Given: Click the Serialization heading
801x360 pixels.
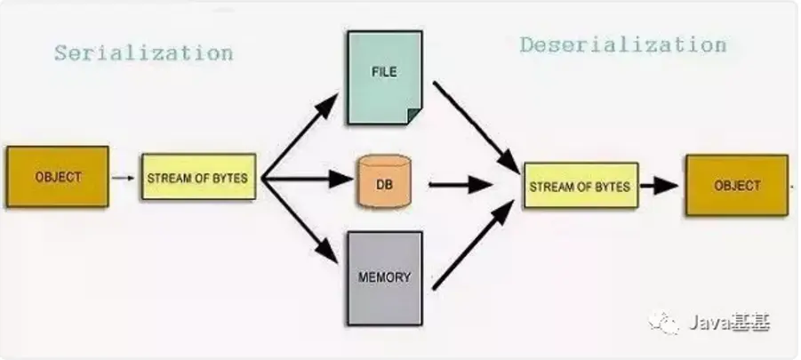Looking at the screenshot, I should (143, 52).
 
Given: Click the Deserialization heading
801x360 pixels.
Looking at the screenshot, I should (622, 44).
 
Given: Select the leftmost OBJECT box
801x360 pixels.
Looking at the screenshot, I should (58, 177).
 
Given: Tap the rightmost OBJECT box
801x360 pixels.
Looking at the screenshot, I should (736, 185).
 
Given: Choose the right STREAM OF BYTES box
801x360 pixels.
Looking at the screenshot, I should (580, 186).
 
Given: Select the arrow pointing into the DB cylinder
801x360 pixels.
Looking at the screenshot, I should (311, 179).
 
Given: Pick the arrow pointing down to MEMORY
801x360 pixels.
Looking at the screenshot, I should (302, 222).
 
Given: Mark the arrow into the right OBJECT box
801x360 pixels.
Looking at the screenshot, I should (660, 186).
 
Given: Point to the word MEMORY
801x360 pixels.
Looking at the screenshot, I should (384, 276).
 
